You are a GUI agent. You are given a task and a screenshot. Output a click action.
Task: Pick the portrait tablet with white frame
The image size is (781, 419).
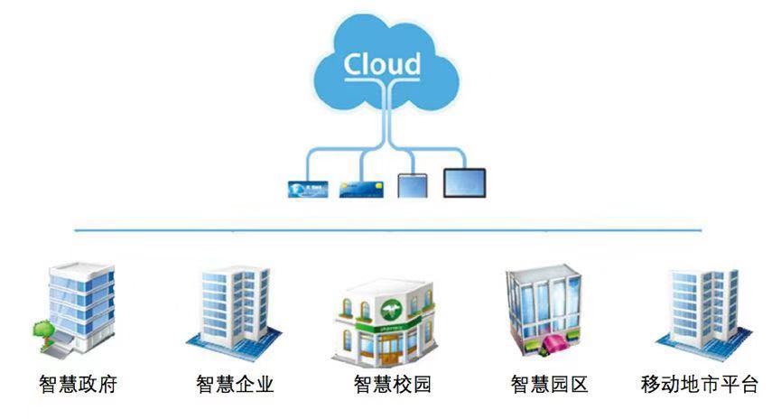click(x=411, y=184)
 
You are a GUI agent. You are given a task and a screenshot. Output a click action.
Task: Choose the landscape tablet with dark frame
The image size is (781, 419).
click(x=464, y=182)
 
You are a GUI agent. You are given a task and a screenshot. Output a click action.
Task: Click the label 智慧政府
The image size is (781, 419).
click(x=79, y=385)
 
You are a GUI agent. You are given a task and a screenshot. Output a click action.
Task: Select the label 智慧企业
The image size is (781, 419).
click(x=235, y=385)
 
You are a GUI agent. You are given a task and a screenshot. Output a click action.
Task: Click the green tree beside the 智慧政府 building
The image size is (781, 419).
click(x=42, y=327)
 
